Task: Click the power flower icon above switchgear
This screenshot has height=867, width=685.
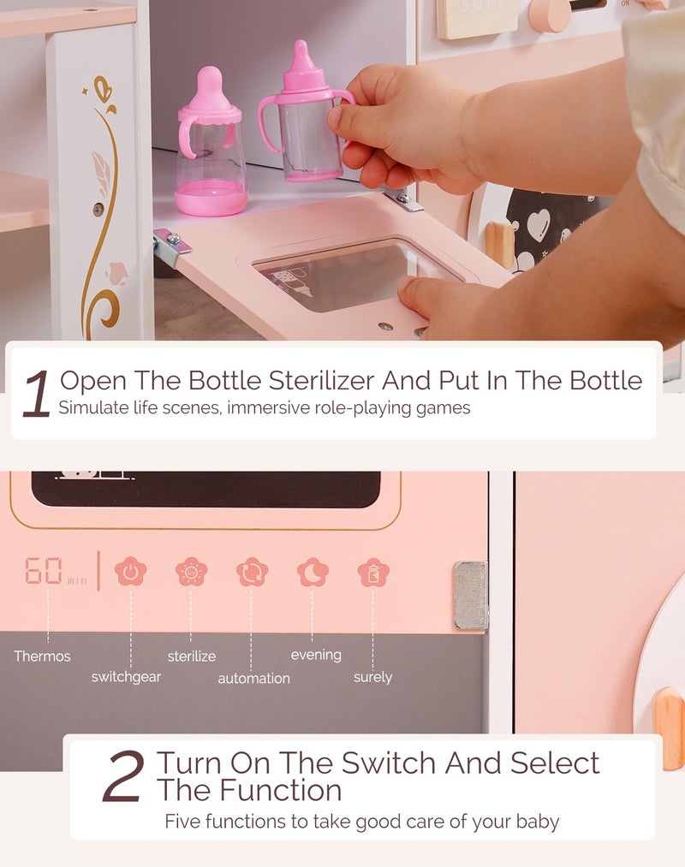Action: pos(131,572)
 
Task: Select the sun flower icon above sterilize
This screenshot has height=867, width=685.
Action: pos(191,572)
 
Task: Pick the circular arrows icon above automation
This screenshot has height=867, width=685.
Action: pos(252,572)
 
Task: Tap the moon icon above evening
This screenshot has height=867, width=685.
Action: pos(313,572)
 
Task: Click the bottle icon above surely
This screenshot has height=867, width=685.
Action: pos(373,572)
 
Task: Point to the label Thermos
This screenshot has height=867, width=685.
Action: pos(42,656)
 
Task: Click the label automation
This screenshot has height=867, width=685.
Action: pos(253,679)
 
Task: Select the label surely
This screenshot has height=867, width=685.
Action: pos(372,677)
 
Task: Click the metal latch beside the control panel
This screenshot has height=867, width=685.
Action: pos(470,596)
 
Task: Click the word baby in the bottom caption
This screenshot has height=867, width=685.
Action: pos(538,822)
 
